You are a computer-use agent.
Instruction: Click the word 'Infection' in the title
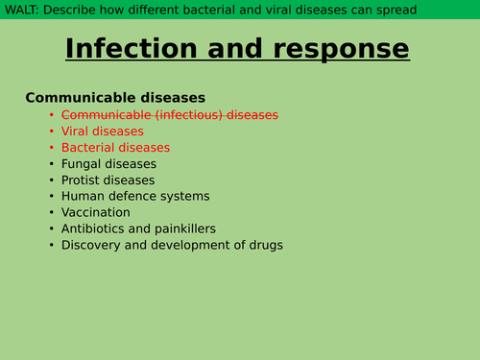pyautogui.click(x=134, y=49)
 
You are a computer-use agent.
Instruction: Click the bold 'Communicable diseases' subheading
pyautogui.click(x=114, y=97)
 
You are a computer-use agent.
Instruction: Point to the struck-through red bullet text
pyautogui.click(x=169, y=114)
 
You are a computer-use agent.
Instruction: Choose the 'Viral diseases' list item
pyautogui.click(x=103, y=131)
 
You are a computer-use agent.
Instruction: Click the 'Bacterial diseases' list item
pyautogui.click(x=115, y=147)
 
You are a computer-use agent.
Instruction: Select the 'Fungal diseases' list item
pyautogui.click(x=108, y=163)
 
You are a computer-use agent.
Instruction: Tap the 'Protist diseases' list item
pyautogui.click(x=108, y=180)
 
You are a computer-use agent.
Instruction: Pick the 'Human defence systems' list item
pyautogui.click(x=134, y=196)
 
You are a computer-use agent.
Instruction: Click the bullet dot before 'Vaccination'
pyautogui.click(x=52, y=212)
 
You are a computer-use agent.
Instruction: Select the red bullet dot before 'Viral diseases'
pyautogui.click(x=52, y=131)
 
